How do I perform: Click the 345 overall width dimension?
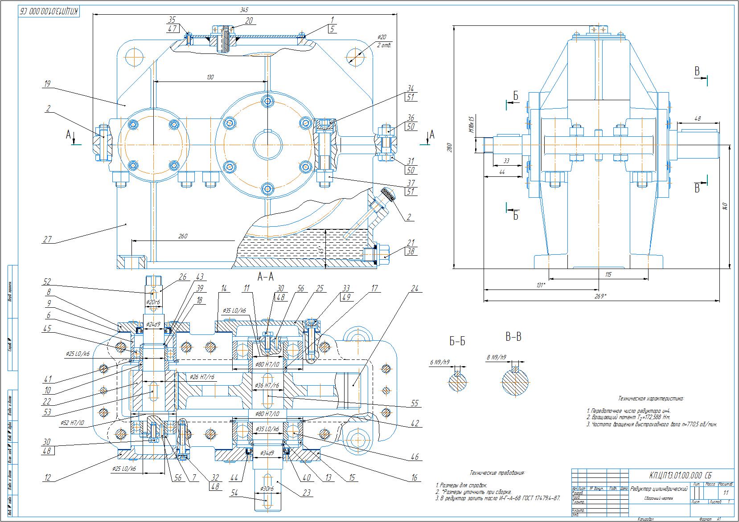244,9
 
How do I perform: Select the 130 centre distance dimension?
210,77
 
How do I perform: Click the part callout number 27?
47,240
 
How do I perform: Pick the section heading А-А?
266,277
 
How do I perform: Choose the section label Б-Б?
457,342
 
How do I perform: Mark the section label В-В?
513,337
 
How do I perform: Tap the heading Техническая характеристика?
651,399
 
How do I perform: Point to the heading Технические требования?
497,473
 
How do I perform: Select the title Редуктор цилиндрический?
659,489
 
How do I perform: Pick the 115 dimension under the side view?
609,275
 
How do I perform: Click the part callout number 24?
415,289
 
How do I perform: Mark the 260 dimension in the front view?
183,236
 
